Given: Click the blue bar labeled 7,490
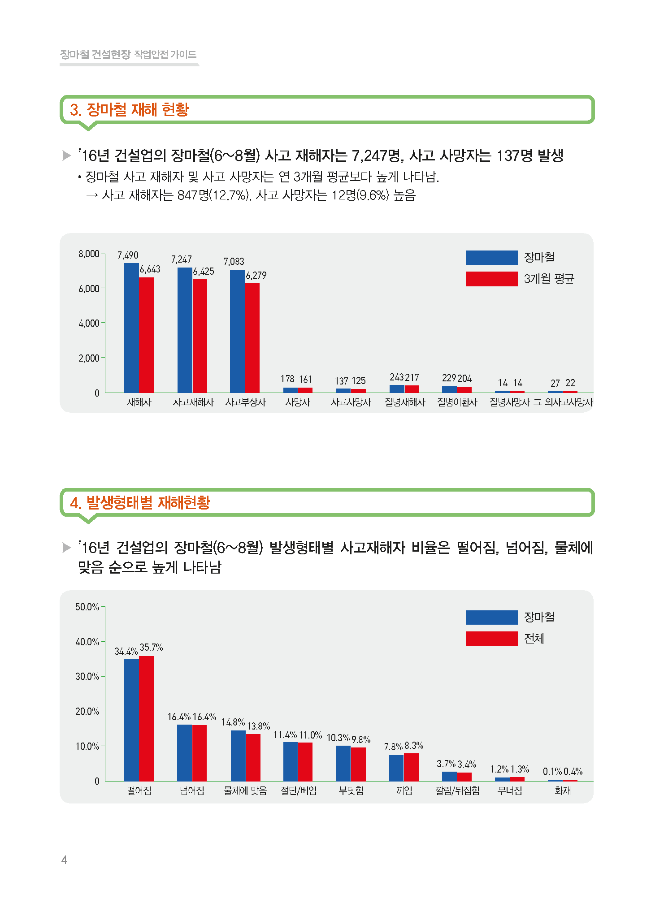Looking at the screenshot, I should point(131,328).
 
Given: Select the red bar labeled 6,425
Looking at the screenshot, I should point(200,336).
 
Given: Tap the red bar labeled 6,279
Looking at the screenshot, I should point(252,338).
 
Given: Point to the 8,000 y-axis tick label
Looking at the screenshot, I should point(89,254).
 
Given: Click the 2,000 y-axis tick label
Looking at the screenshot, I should point(89,358).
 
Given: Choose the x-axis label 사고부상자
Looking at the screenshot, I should point(246,402).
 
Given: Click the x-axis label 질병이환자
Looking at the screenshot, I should point(457,402).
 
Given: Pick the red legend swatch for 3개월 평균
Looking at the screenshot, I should point(491,279).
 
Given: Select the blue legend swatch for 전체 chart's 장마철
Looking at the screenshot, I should point(491,617).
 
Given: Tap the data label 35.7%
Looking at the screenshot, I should point(151,647).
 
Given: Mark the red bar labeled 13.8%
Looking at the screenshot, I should point(253,757).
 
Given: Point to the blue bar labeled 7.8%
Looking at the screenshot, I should point(396,768).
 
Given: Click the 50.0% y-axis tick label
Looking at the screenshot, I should point(87,607).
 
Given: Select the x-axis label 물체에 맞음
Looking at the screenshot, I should point(245,791).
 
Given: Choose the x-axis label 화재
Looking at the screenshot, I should point(563,791).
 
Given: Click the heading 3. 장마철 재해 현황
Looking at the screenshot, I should point(129,109).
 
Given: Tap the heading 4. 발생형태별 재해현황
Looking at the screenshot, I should point(140,502).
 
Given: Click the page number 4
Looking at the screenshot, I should point(64,859).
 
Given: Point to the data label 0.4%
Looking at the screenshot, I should point(573,771).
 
